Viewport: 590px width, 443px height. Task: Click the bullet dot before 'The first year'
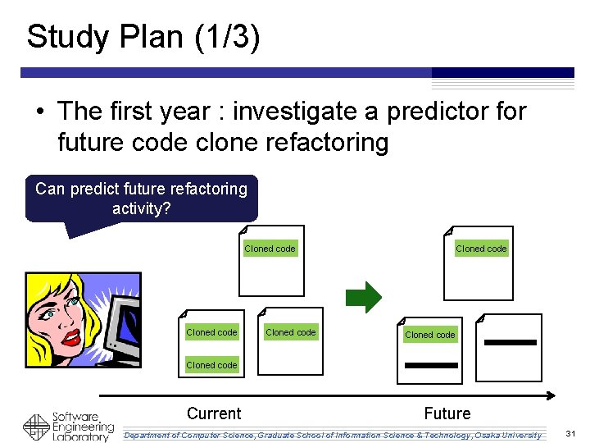[x=39, y=112]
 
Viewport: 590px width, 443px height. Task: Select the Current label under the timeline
[x=214, y=413]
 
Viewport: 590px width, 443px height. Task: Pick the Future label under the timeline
[x=447, y=413]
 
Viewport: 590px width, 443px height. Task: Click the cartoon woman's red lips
[x=72, y=337]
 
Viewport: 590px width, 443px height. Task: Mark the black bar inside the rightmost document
[x=510, y=341]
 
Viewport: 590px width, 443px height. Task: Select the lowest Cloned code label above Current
[x=211, y=365]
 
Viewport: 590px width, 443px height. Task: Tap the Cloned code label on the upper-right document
[x=481, y=249]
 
